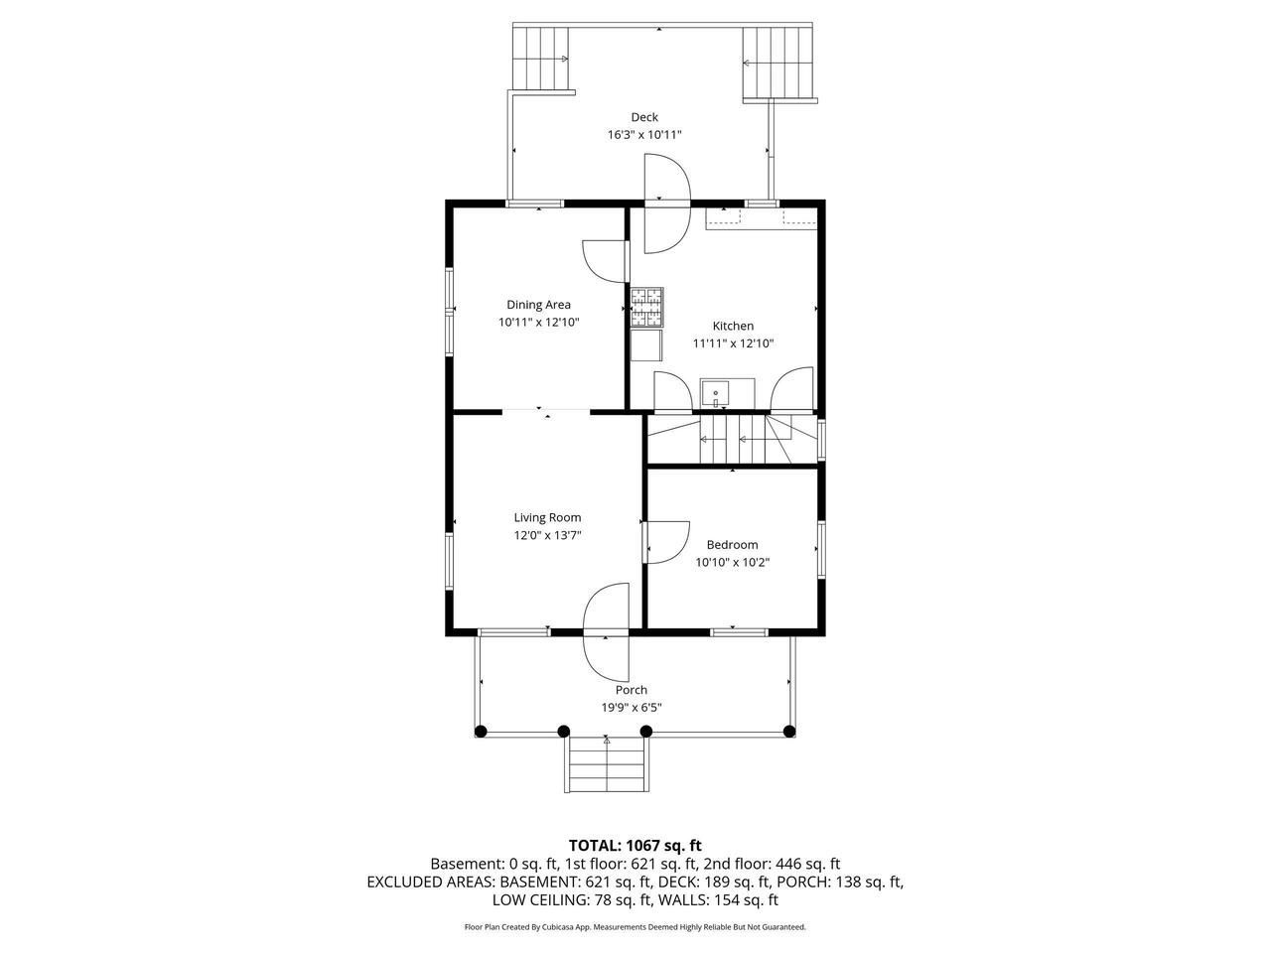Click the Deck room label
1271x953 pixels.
pyautogui.click(x=643, y=117)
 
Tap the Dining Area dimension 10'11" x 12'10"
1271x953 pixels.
pyautogui.click(x=538, y=323)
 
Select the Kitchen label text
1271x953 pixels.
pyautogui.click(x=733, y=326)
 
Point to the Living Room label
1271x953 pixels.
pyautogui.click(x=547, y=518)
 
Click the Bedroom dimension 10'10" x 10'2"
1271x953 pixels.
pyautogui.click(x=733, y=562)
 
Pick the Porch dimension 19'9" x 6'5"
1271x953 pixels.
pyautogui.click(x=632, y=707)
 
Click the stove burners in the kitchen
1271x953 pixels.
pyautogui.click(x=646, y=307)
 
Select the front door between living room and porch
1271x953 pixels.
pyautogui.click(x=606, y=631)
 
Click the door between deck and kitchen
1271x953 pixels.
pyautogui.click(x=667, y=204)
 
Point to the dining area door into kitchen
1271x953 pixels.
pyautogui.click(x=605, y=261)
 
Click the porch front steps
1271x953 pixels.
pyautogui.click(x=607, y=764)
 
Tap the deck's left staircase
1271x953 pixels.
pyautogui.click(x=540, y=59)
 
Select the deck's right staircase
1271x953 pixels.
pyautogui.click(x=778, y=63)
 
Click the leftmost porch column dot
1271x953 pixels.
pyautogui.click(x=480, y=732)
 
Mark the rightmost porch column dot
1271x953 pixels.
pyautogui.click(x=789, y=732)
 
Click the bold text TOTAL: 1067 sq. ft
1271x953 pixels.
pyautogui.click(x=635, y=846)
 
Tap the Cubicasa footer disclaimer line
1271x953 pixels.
pyautogui.click(x=635, y=927)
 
